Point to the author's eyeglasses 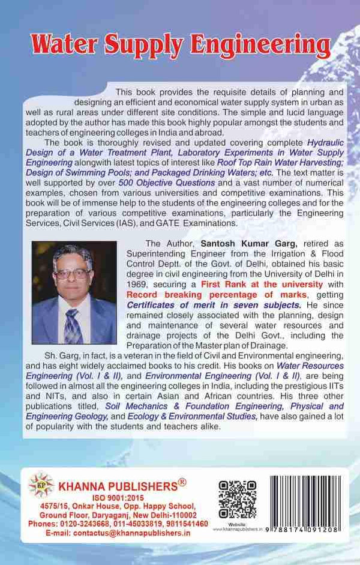73,274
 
